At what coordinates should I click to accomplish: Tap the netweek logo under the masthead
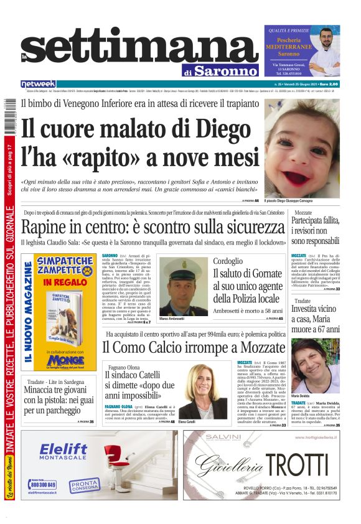tap(38, 84)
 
